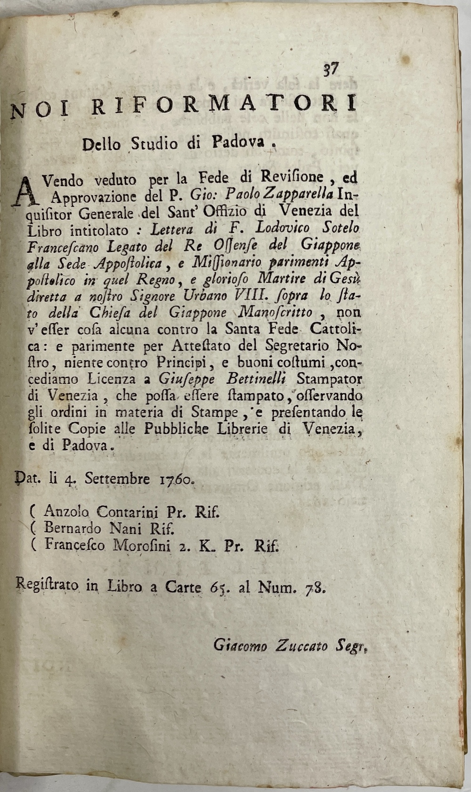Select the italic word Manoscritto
(283, 312)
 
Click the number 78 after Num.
(315, 587)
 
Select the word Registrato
(48, 587)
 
